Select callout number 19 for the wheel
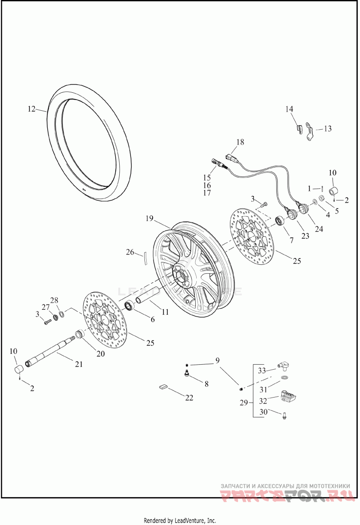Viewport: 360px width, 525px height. [x=149, y=219]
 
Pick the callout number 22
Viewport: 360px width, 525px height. [x=189, y=397]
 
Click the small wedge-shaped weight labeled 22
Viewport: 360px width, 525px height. [x=163, y=386]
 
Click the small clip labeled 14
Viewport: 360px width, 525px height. [x=298, y=128]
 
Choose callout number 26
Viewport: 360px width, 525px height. [x=130, y=252]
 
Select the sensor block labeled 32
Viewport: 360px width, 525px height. [x=287, y=395]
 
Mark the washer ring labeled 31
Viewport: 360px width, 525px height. [x=284, y=376]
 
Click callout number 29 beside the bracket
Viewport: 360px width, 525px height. [x=243, y=402]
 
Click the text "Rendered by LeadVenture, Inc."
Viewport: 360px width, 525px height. [x=180, y=520]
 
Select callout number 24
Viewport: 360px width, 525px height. [x=319, y=229]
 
